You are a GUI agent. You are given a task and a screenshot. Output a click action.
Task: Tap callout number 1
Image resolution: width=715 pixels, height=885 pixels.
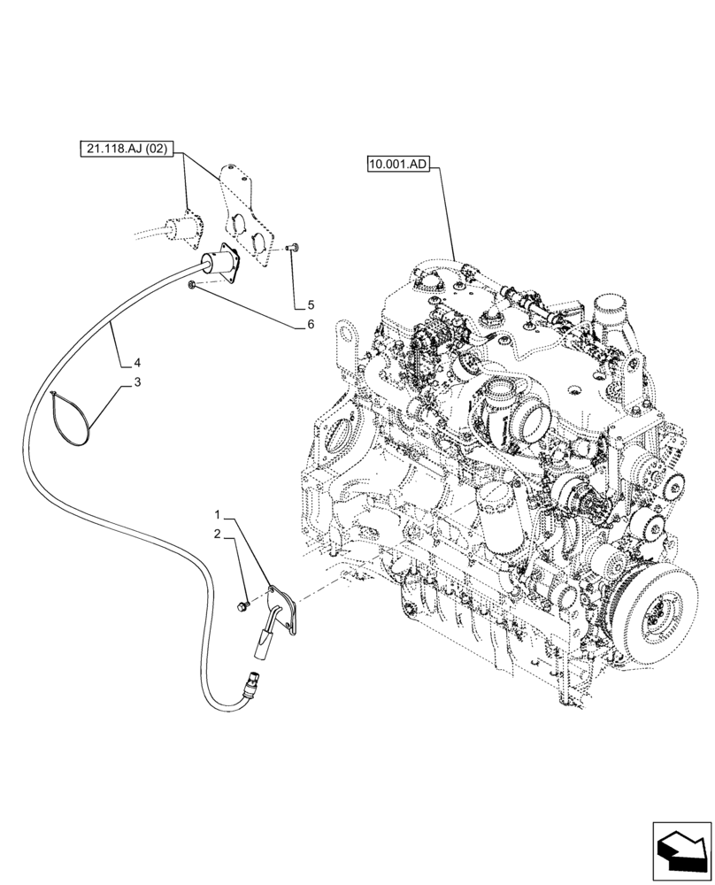tap(215, 514)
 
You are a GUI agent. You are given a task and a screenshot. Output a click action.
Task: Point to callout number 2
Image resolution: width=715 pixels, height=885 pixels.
tap(215, 534)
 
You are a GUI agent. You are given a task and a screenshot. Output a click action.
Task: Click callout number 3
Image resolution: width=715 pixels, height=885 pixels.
tap(137, 382)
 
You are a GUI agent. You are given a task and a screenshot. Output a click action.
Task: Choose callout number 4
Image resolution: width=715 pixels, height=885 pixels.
tap(137, 363)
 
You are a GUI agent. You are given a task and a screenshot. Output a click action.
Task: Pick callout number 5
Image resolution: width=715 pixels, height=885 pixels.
tap(310, 305)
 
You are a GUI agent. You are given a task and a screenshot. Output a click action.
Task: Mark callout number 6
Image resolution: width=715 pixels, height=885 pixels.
tap(310, 325)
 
